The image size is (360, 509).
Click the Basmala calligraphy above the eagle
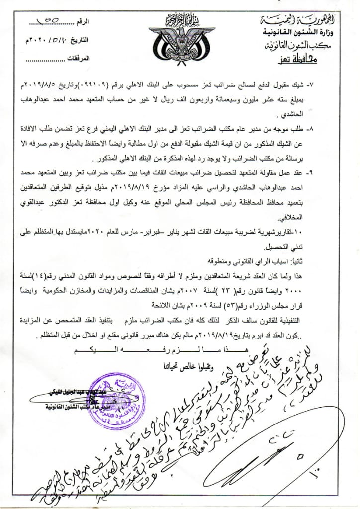180,22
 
